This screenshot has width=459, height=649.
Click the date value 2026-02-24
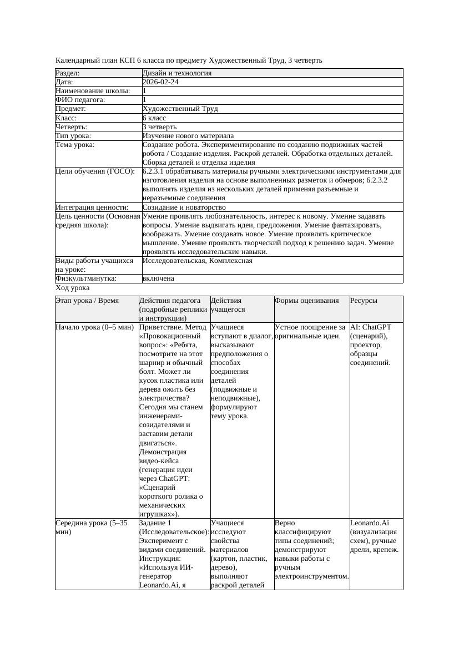click(160, 82)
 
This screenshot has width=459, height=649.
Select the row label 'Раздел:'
click(68, 73)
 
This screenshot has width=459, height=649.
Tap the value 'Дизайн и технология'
click(176, 73)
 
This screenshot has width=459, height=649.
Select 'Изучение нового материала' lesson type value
click(188, 136)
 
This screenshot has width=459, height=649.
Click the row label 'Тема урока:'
click(75, 145)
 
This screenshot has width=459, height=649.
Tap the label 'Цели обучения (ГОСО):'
click(95, 171)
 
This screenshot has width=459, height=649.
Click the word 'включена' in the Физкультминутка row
click(158, 278)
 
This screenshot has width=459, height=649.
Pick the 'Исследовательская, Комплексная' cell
click(197, 261)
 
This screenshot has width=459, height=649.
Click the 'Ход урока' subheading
click(72, 288)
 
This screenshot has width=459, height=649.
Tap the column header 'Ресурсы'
click(364, 301)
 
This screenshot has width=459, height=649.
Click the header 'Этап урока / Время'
click(87, 301)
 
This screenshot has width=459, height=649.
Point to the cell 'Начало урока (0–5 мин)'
click(95, 327)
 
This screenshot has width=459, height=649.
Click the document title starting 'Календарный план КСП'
click(189, 60)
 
